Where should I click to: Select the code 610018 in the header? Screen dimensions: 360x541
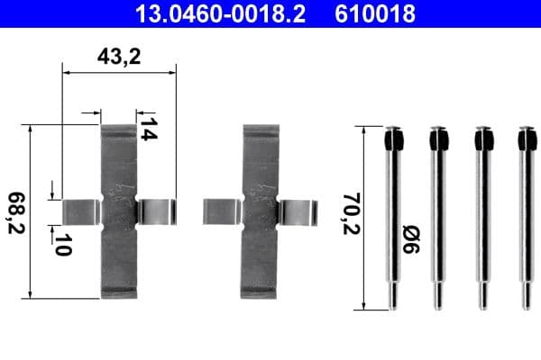pyautogui.click(x=378, y=13)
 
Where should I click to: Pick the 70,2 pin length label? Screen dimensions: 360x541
pyautogui.click(x=348, y=212)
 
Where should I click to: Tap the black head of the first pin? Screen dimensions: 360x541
pyautogui.click(x=392, y=139)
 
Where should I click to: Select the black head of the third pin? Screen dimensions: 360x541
pyautogui.click(x=483, y=139)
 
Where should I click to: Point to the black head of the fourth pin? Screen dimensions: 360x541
pyautogui.click(x=527, y=139)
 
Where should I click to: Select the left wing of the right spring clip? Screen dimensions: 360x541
pyautogui.click(x=221, y=211)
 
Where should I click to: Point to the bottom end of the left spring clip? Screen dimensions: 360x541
pyautogui.click(x=117, y=288)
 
